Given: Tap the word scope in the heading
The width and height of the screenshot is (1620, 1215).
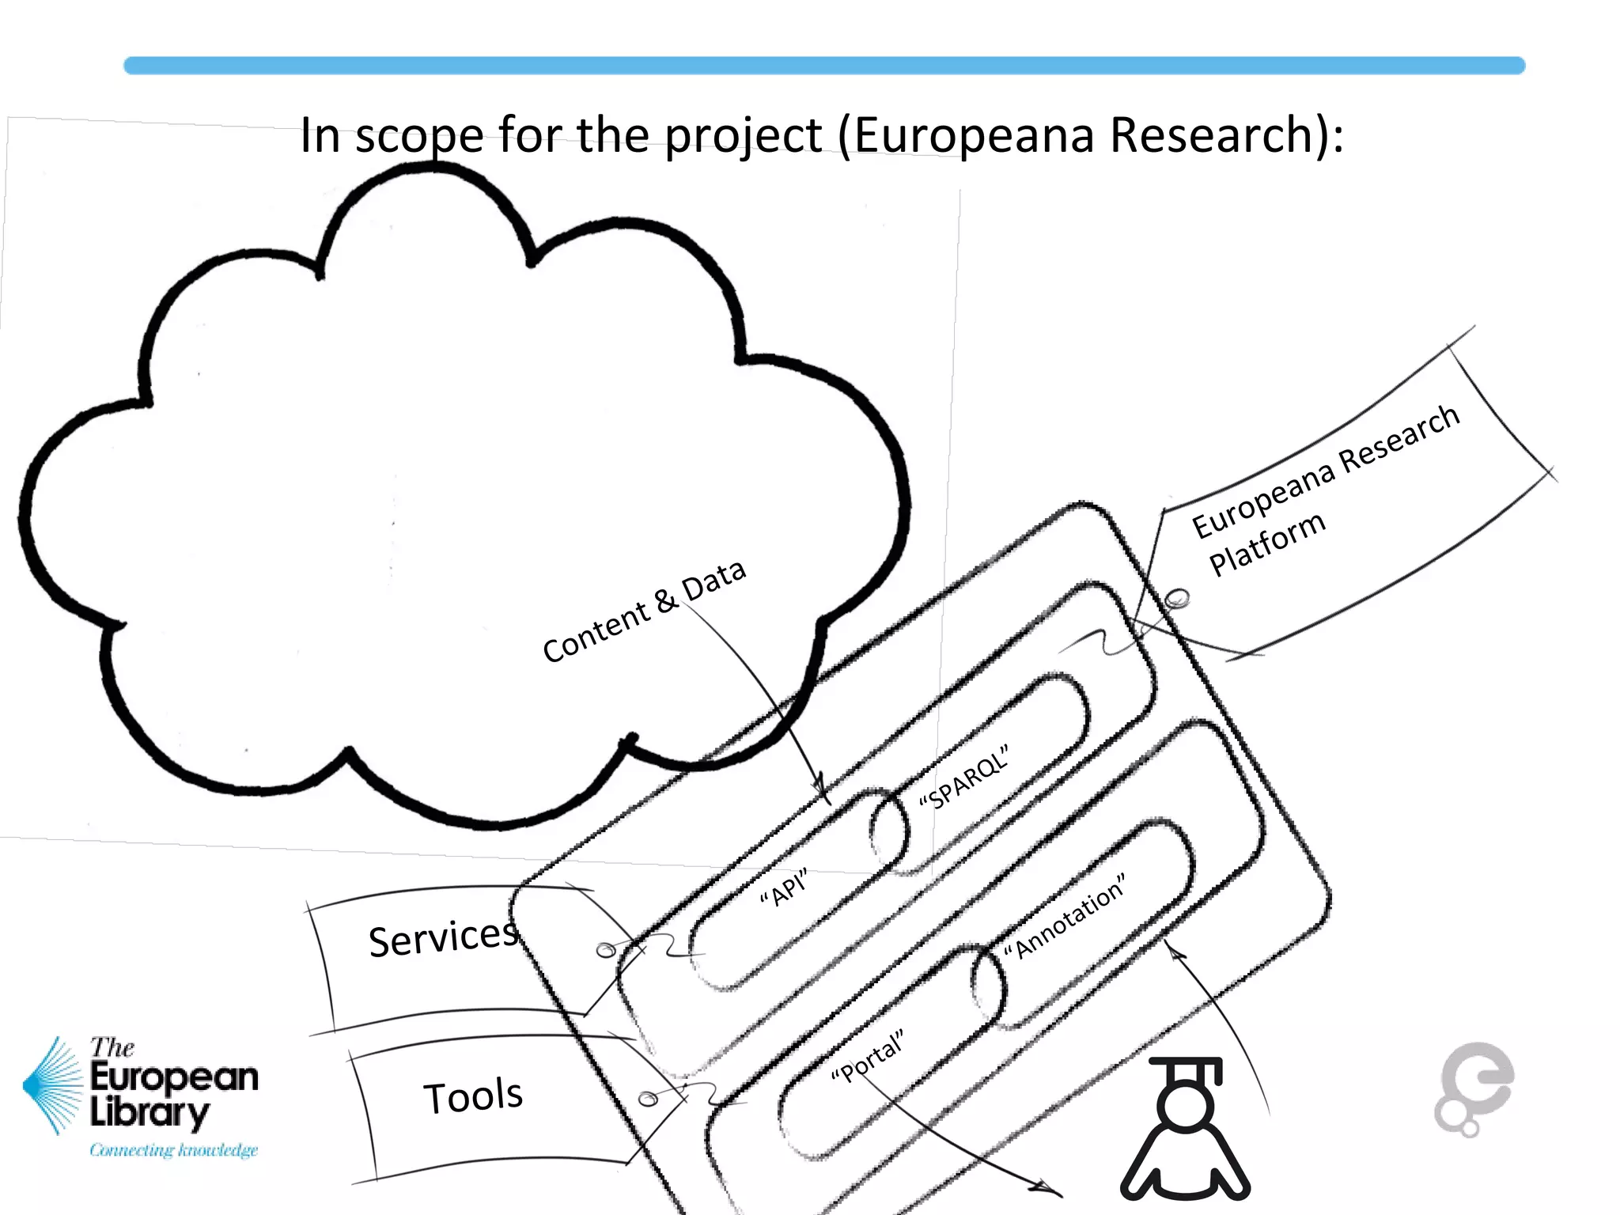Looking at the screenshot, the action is coord(419,136).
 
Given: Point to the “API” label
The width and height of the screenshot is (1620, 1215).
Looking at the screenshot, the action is coord(784,888).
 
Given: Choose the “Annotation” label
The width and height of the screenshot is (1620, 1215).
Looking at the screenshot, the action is coord(1065,917).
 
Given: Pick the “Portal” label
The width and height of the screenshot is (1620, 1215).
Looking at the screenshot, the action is coord(867,1058).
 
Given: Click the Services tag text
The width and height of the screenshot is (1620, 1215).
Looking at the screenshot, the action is coord(443,938).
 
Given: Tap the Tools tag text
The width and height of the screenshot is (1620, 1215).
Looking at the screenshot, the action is coord(473,1096).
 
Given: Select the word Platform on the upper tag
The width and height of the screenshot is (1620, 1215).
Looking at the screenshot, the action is coord(1267,543).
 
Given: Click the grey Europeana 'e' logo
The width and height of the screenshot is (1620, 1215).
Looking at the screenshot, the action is coord(1474,1088).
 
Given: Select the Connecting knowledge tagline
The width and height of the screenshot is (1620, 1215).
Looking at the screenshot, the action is coord(173,1150).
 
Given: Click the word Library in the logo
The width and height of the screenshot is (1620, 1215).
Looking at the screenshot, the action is coord(150,1113).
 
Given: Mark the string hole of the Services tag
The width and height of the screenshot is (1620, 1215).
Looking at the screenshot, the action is coord(606,949).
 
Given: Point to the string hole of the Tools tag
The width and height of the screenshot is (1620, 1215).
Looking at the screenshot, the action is coord(647,1099).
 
